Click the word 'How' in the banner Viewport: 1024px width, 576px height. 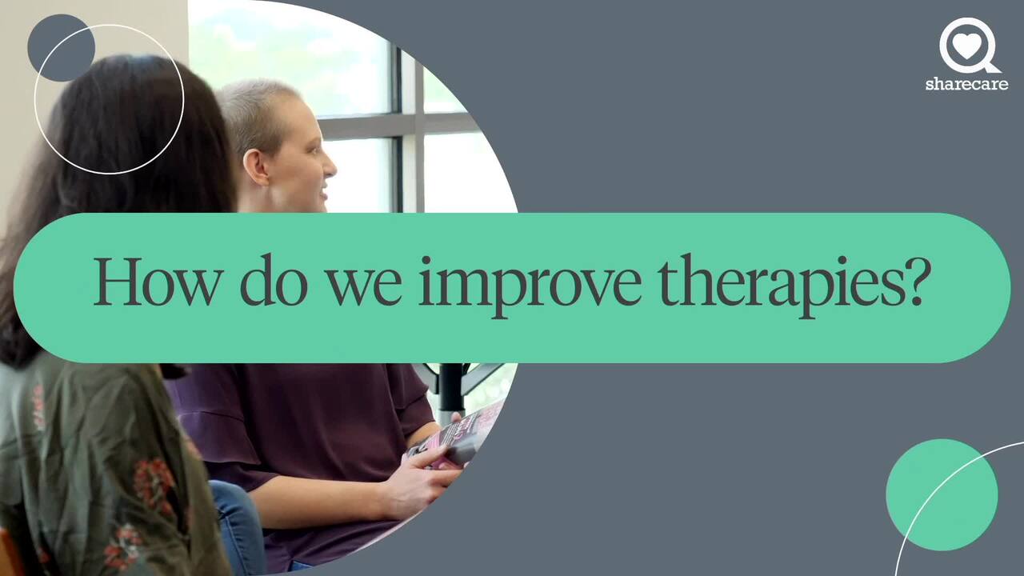[x=158, y=281]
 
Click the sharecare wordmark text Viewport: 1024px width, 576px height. [x=966, y=84]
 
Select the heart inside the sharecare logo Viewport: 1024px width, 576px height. [x=966, y=46]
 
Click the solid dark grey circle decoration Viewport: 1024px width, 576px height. [x=61, y=47]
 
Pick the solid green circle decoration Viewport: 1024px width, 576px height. [x=942, y=494]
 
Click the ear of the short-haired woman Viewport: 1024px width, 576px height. [x=255, y=167]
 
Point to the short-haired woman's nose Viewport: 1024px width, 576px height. [x=330, y=169]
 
